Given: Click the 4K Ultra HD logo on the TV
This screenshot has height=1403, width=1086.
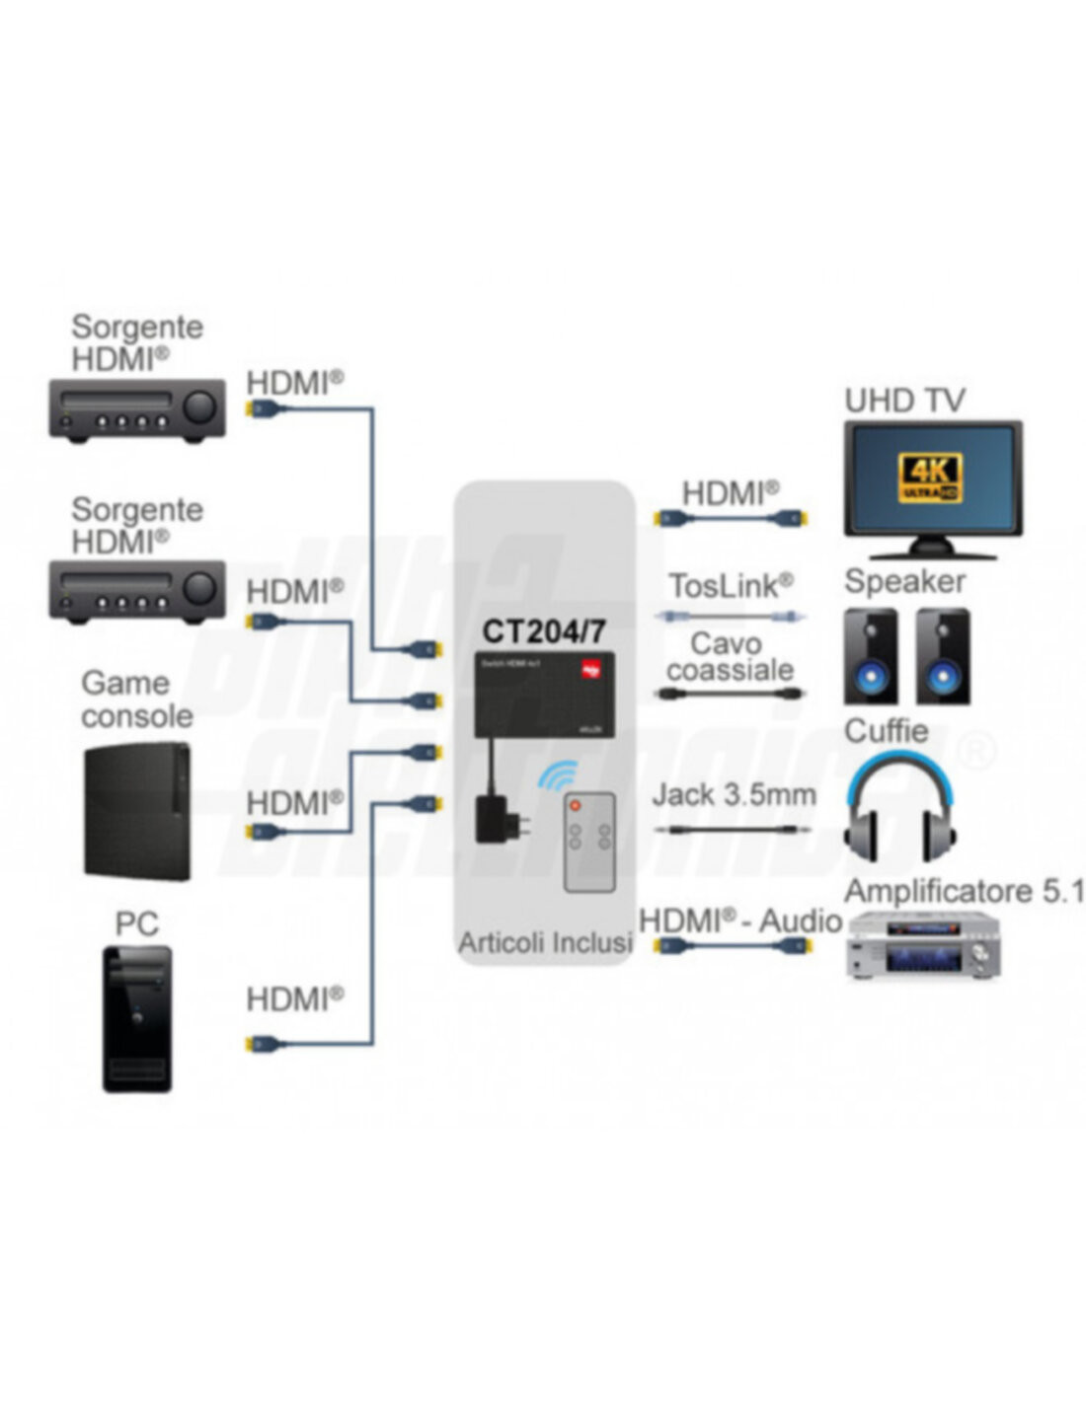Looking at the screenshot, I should (930, 477).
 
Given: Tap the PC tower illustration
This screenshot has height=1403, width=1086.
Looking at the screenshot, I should (137, 1018).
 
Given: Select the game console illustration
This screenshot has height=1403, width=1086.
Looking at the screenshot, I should (137, 811).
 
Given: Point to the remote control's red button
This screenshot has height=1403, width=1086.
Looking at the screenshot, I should (577, 807).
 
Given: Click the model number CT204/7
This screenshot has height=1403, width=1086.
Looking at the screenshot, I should (544, 630).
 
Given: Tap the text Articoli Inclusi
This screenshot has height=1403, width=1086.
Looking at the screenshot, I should (545, 942).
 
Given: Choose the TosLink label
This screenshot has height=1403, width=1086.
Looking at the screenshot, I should (731, 586).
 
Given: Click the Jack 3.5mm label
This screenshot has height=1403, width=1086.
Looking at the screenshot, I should (735, 794).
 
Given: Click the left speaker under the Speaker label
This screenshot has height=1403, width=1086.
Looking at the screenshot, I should (870, 657).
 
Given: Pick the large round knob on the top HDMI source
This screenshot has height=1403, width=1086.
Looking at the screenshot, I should (200, 406).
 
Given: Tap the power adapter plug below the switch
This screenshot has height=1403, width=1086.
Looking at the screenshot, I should (493, 818).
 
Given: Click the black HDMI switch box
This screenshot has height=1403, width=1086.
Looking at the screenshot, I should (545, 694).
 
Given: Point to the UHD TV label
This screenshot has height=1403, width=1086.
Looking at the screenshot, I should (904, 401).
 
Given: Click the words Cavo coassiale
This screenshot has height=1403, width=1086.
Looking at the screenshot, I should (730, 657).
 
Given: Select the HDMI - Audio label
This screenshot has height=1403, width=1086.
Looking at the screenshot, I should (740, 921).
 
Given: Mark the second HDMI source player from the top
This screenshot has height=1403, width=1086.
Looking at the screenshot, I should (137, 592).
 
